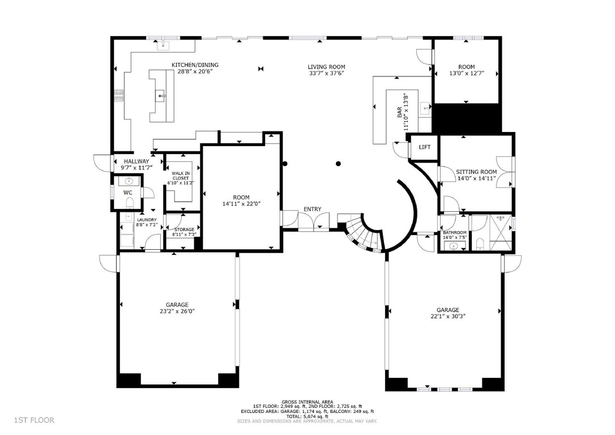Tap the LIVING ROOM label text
326,67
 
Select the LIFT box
424,147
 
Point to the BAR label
399,112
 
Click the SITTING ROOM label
477,172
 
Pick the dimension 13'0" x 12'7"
467,74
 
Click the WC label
128,193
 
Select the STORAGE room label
184,229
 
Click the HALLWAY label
136,161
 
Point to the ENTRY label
312,209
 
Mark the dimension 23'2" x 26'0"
177,311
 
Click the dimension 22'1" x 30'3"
447,317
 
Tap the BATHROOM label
455,233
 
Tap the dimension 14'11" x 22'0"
241,204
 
